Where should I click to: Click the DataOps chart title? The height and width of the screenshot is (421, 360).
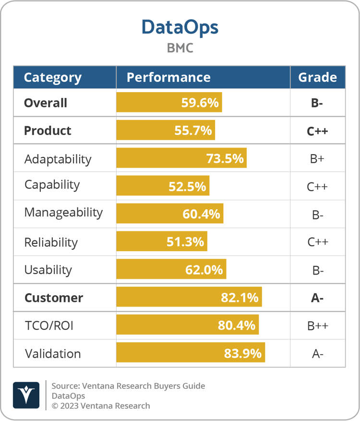pyautogui.click(x=180, y=27)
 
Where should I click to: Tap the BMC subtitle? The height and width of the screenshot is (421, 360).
pyautogui.click(x=180, y=48)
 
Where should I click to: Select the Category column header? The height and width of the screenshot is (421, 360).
pyautogui.click(x=53, y=77)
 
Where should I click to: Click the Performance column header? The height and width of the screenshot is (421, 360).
pyautogui.click(x=168, y=77)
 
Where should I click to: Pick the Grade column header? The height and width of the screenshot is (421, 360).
pyautogui.click(x=317, y=77)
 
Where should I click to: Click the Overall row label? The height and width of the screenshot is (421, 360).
pyautogui.click(x=46, y=103)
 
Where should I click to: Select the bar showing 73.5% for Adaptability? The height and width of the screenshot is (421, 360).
pyautogui.click(x=181, y=158)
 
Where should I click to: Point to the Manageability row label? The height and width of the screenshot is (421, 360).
pyautogui.click(x=63, y=213)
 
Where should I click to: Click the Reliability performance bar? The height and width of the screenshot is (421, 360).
pyautogui.click(x=162, y=241)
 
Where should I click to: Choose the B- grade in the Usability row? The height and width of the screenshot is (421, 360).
pyautogui.click(x=317, y=270)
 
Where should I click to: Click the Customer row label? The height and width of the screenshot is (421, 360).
pyautogui.click(x=53, y=298)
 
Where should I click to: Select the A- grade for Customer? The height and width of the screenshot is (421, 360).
pyautogui.click(x=317, y=298)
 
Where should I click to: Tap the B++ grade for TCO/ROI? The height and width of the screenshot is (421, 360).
pyautogui.click(x=317, y=326)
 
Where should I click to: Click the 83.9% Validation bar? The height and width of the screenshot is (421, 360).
pyautogui.click(x=191, y=353)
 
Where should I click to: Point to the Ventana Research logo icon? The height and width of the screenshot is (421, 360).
pyautogui.click(x=26, y=395)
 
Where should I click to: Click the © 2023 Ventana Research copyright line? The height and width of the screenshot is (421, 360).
pyautogui.click(x=101, y=406)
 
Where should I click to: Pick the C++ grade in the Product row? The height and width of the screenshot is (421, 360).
pyautogui.click(x=317, y=131)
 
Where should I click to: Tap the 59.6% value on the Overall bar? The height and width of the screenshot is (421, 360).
pyautogui.click(x=200, y=103)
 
